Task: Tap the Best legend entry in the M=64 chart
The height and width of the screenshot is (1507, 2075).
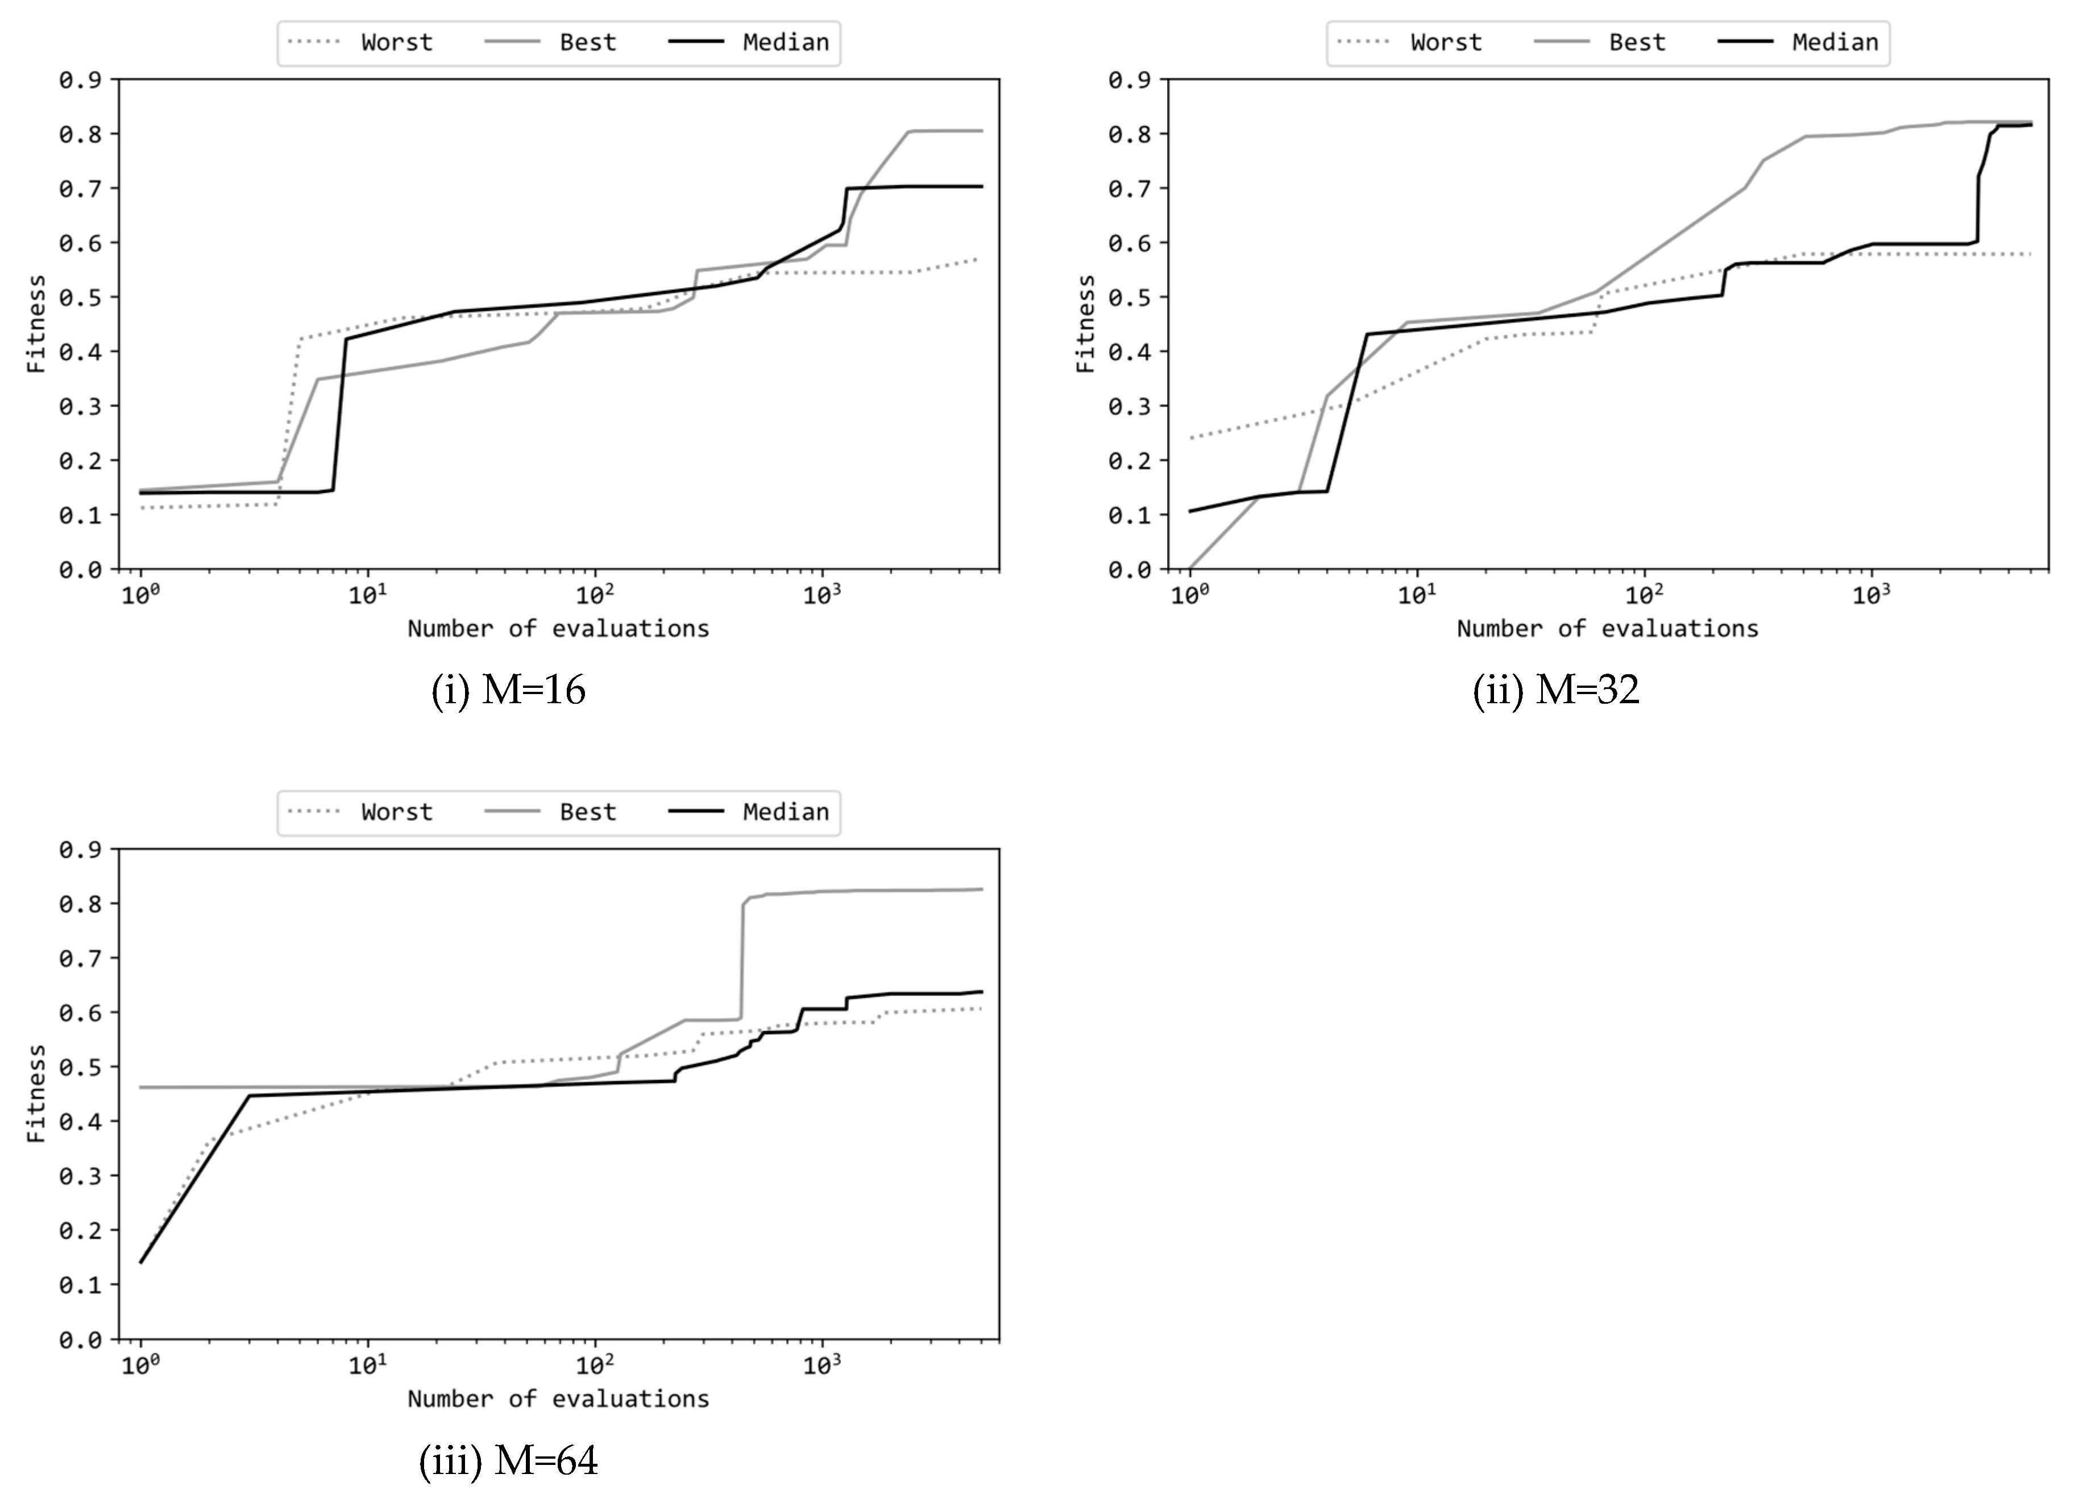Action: click(x=587, y=812)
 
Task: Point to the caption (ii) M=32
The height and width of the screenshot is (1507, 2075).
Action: click(x=1555, y=690)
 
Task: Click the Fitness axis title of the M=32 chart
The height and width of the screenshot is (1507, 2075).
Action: click(x=1085, y=324)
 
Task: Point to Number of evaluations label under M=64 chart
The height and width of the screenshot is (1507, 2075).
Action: click(x=558, y=1399)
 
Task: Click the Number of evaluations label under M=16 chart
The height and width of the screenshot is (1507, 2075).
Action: click(x=558, y=629)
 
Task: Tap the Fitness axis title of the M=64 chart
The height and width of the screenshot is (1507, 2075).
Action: click(x=36, y=1093)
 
